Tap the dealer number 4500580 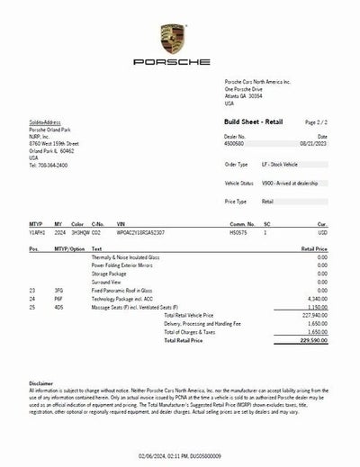tap(236, 144)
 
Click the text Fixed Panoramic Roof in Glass tap(121, 290)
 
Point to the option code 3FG tap(58, 290)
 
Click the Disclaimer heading tap(41, 382)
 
